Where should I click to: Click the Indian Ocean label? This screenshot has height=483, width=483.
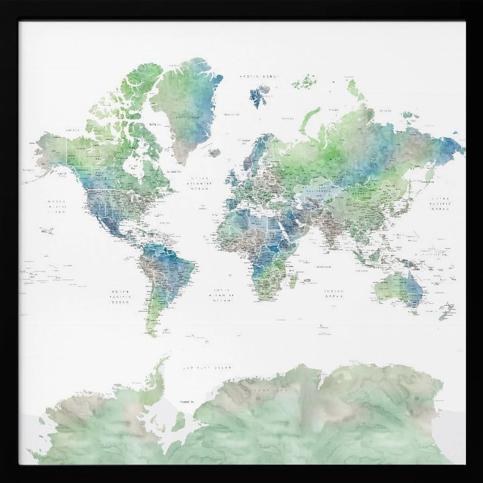click(x=333, y=294)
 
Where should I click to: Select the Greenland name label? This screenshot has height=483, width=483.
click(x=187, y=117)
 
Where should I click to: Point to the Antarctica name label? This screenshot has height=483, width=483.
click(x=263, y=388)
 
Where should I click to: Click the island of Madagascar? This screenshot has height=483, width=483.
click(x=293, y=280)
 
